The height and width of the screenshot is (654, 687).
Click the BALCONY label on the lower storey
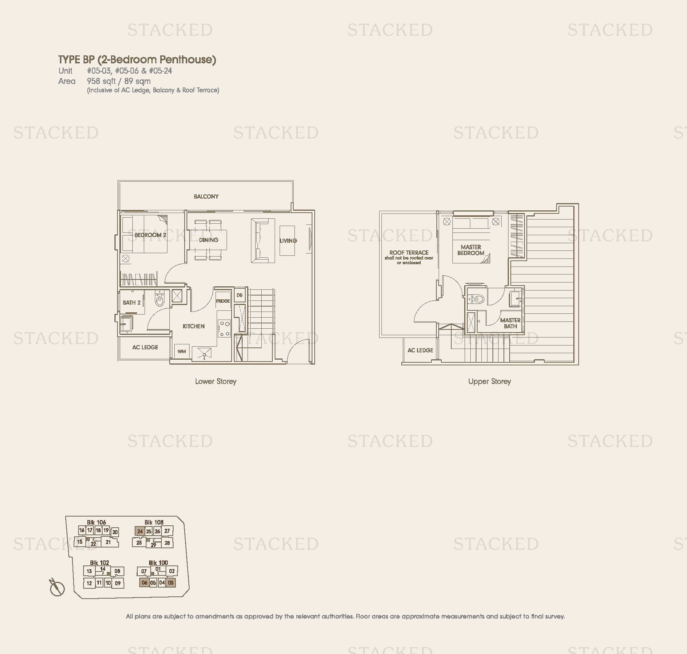click(x=206, y=197)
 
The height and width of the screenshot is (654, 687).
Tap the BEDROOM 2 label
click(x=150, y=235)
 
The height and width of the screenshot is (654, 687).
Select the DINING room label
click(x=208, y=240)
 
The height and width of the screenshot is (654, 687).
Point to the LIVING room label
click(x=288, y=241)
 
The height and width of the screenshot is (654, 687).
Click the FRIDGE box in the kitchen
click(x=223, y=301)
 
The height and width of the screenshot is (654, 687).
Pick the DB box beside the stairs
click(x=240, y=295)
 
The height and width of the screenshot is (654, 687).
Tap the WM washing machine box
click(x=182, y=351)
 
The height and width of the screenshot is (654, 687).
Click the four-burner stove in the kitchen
click(x=224, y=328)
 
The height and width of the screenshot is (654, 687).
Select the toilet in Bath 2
click(x=159, y=299)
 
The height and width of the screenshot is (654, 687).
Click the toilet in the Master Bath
click(x=476, y=299)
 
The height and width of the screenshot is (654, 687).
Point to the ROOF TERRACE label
click(x=409, y=253)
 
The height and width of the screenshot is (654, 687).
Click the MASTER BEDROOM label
click(x=471, y=250)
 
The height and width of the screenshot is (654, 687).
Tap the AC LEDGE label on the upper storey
click(x=420, y=350)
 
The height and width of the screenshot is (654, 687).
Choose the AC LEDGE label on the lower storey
click(x=145, y=347)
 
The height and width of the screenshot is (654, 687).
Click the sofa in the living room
click(x=263, y=241)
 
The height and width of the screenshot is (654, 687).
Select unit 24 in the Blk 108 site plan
click(x=140, y=531)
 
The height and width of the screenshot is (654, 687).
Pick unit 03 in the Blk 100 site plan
click(x=171, y=583)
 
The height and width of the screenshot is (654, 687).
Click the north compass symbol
click(x=57, y=588)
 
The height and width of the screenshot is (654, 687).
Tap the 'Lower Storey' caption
click(x=216, y=381)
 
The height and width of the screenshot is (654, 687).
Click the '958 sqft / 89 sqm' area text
click(x=119, y=81)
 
